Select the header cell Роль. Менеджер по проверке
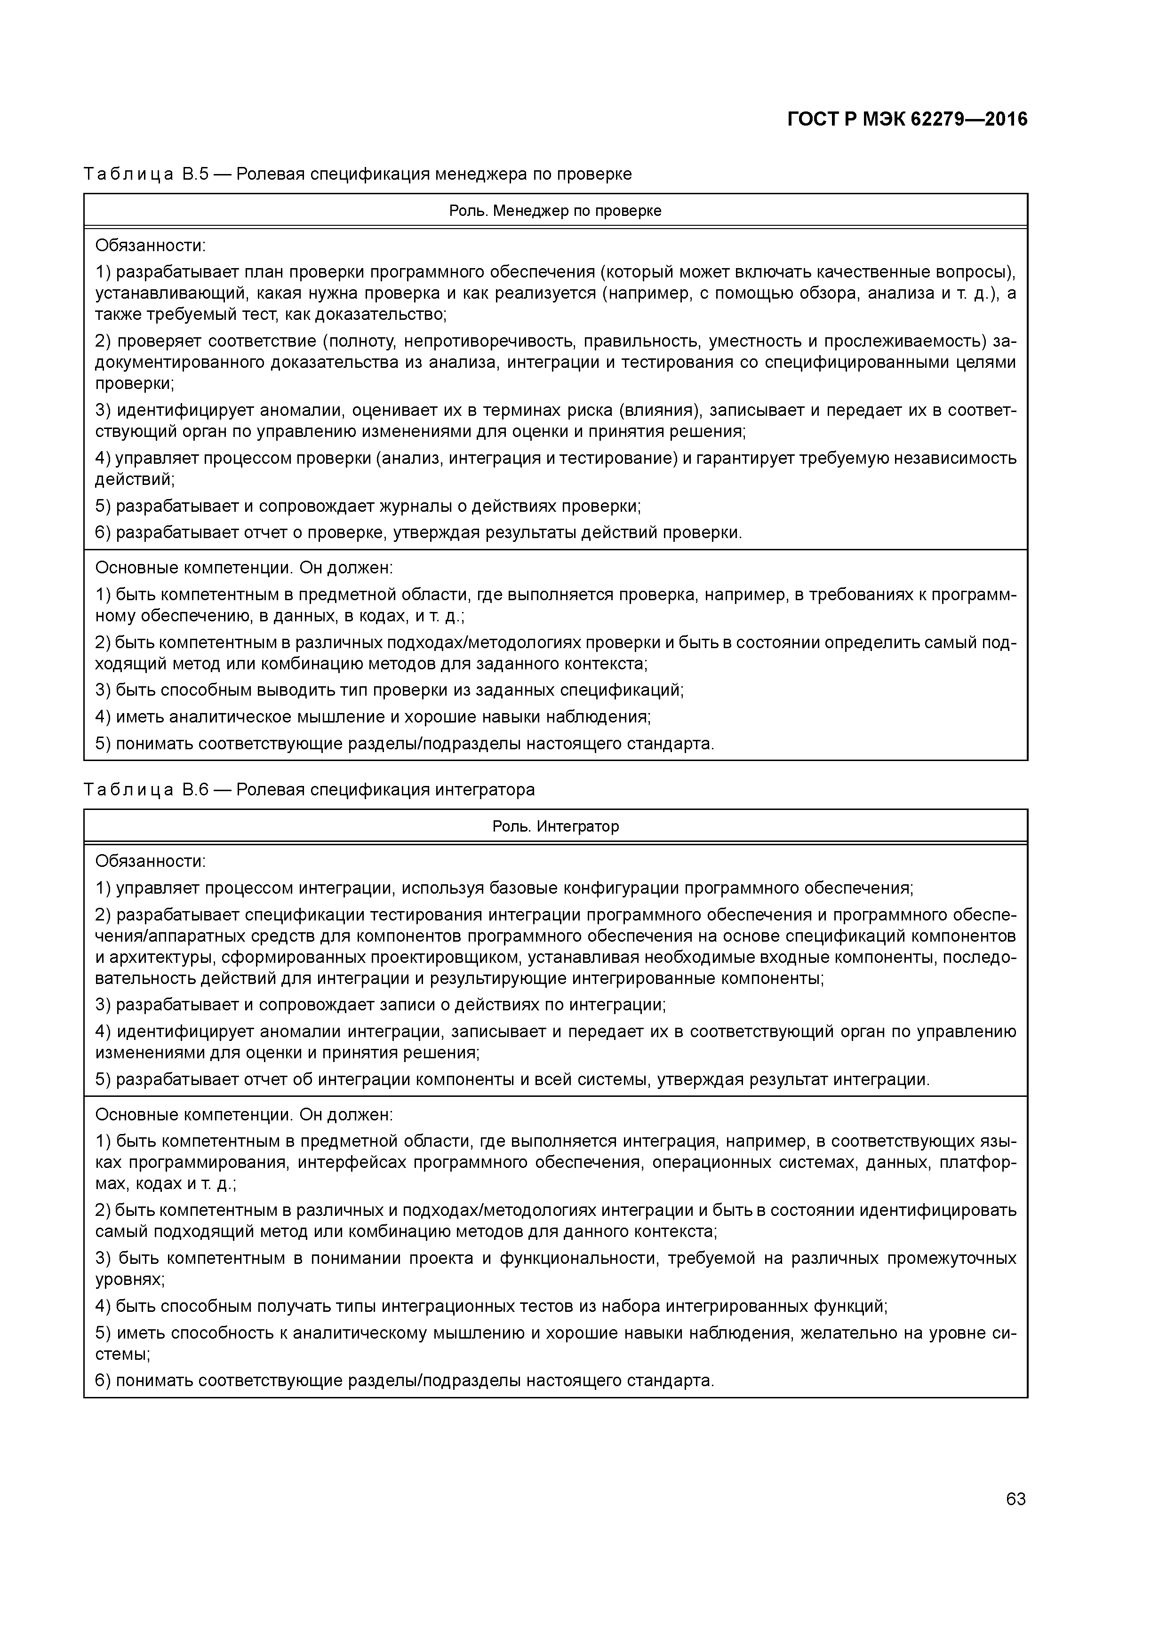point(555,211)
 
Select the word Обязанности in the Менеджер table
point(149,246)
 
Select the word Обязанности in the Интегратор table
point(149,861)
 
